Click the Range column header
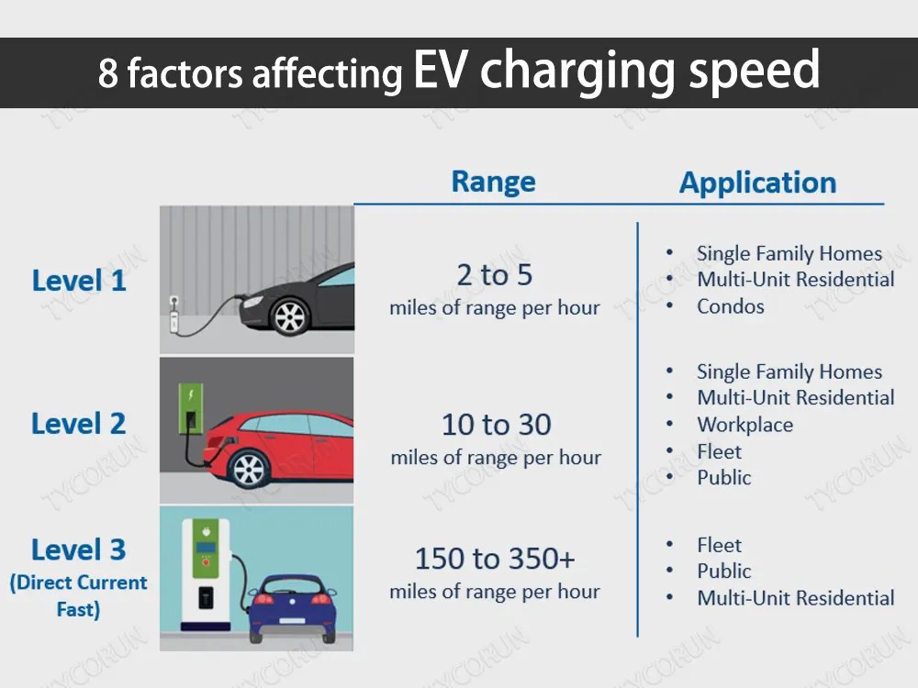(x=493, y=182)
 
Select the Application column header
(x=757, y=183)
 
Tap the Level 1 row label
(x=79, y=281)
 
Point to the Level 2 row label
(x=79, y=424)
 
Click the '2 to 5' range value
(x=495, y=275)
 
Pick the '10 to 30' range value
(x=496, y=425)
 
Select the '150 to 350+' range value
(x=495, y=559)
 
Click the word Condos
(x=730, y=306)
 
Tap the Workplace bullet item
(x=744, y=425)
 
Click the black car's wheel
(x=290, y=317)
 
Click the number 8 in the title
(x=108, y=74)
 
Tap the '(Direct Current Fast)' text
(x=78, y=595)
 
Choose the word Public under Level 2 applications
(x=723, y=478)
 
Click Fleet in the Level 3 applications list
(x=719, y=545)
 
